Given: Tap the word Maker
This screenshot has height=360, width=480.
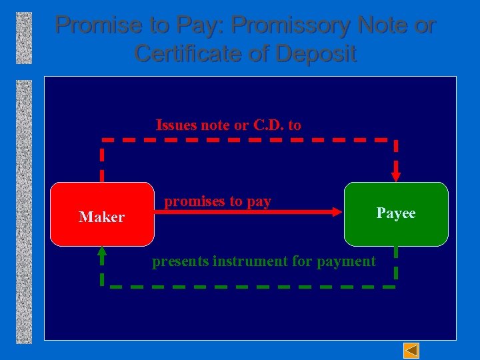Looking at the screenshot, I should coord(102,217).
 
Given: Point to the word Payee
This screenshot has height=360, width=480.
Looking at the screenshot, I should coord(396,213).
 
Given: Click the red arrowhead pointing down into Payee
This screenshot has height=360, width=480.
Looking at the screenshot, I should coord(396,177).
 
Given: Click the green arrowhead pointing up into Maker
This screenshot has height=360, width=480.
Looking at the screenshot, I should coord(102,252).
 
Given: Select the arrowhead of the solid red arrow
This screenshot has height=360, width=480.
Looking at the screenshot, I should coord(336,212).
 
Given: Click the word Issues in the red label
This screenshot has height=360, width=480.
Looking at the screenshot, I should coord(175,125).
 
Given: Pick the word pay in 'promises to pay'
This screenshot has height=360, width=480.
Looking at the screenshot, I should coord(259,201).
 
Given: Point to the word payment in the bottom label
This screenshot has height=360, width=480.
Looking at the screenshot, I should coord(347,261).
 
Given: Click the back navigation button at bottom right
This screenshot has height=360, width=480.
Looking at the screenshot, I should coord(412,350).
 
